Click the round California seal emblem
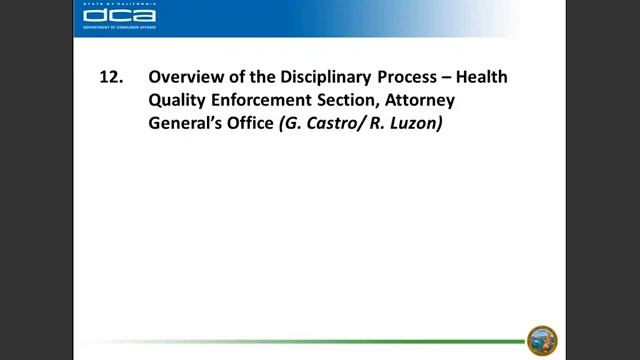pos(542,340)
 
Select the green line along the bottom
pos(300,341)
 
